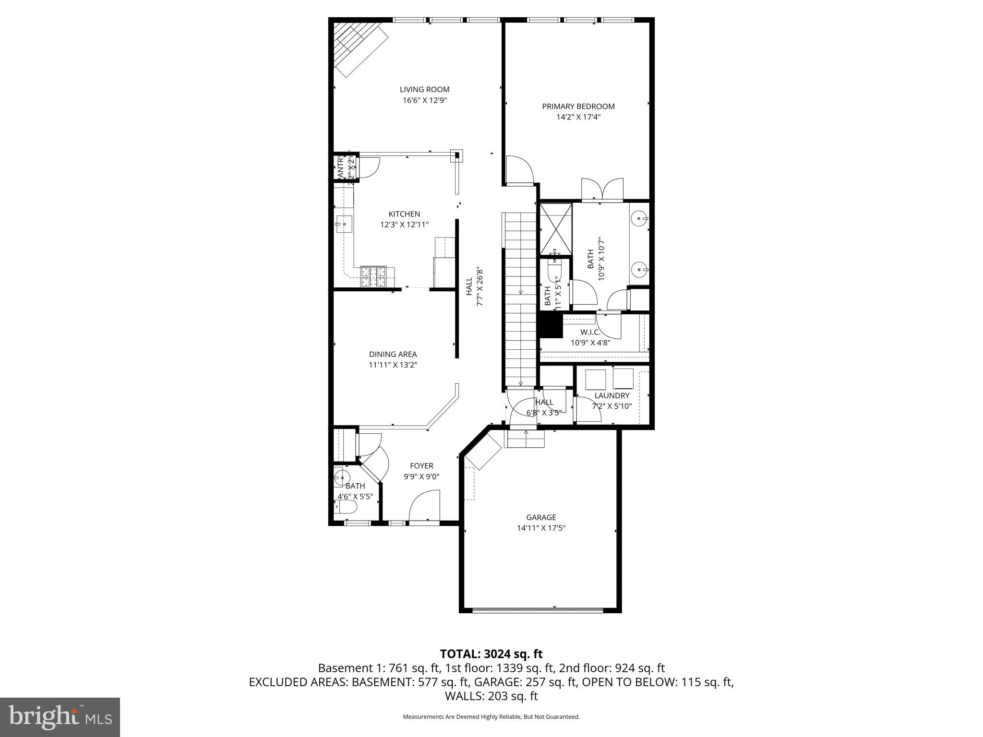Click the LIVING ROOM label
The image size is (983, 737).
(x=424, y=89)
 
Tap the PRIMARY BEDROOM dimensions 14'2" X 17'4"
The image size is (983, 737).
(x=578, y=117)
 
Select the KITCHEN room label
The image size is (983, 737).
(x=404, y=214)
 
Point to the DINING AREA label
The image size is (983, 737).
(x=393, y=354)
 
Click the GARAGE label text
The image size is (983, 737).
(x=541, y=517)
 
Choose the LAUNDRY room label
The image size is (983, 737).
(x=611, y=395)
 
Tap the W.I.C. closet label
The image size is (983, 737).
(x=590, y=332)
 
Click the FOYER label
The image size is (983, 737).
(x=421, y=465)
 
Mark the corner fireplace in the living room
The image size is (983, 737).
(x=360, y=48)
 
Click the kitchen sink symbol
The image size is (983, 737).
(x=344, y=224)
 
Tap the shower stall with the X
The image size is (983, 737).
(x=556, y=229)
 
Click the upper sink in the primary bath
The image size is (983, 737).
(x=639, y=219)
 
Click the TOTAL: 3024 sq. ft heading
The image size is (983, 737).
(x=491, y=654)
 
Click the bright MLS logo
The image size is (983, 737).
(x=60, y=717)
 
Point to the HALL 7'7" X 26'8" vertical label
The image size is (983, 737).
(x=474, y=287)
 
